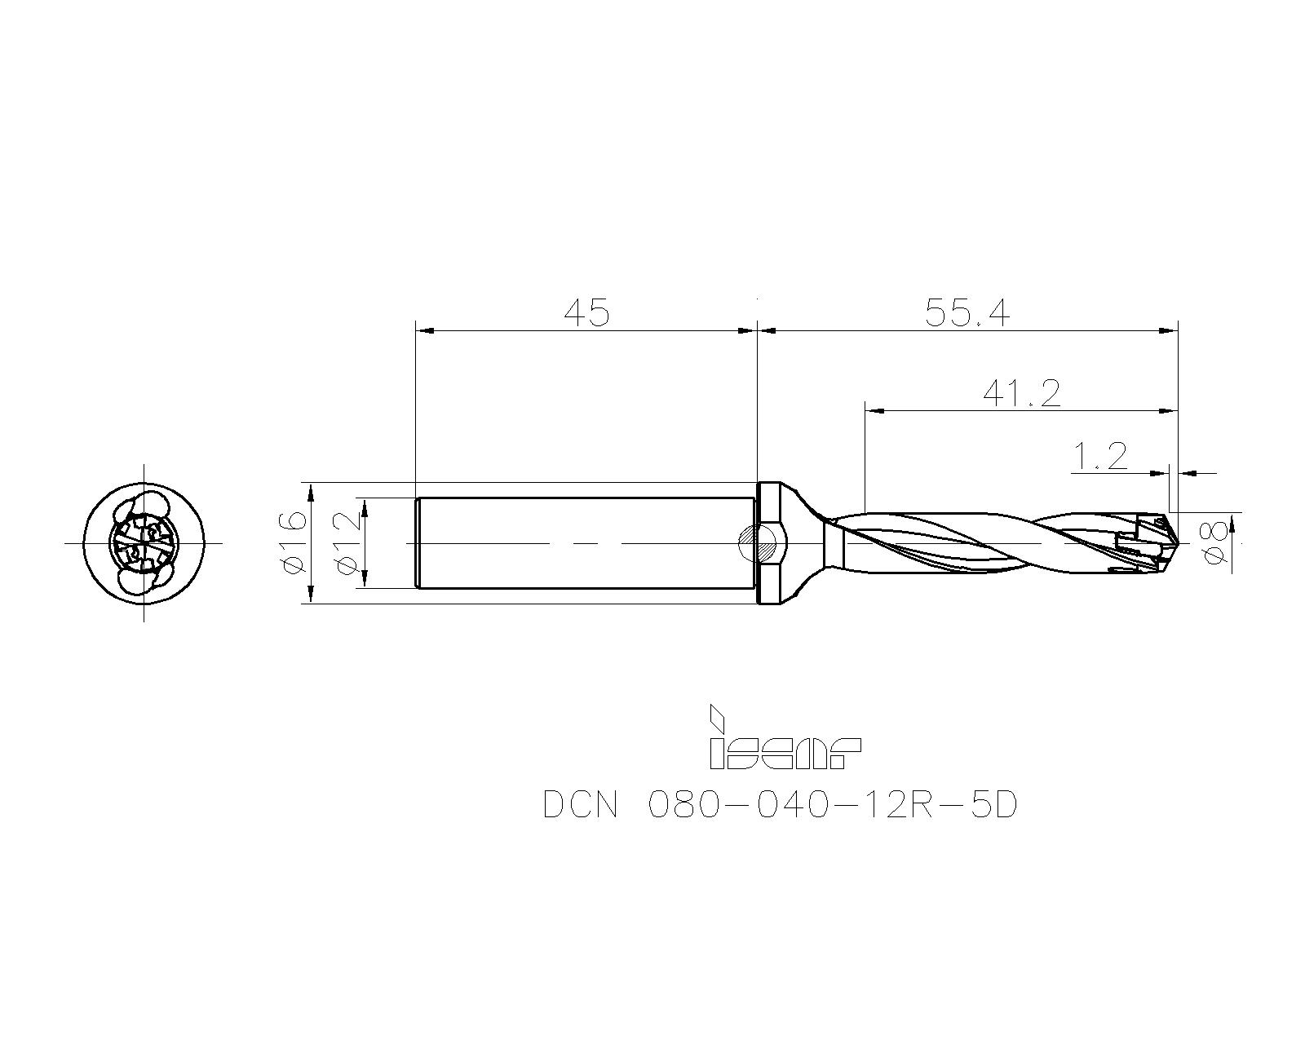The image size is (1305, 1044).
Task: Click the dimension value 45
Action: coord(586,312)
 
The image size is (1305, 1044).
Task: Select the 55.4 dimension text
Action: coord(967,312)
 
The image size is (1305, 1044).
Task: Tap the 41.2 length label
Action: coord(1021,394)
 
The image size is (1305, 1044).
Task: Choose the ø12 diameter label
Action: coord(347,542)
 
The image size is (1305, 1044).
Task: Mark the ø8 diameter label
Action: coord(1214,542)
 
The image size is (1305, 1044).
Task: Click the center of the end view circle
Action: coord(144,542)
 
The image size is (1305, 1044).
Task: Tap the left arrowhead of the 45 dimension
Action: coord(423,330)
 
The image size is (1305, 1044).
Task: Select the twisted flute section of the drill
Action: coord(979,542)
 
